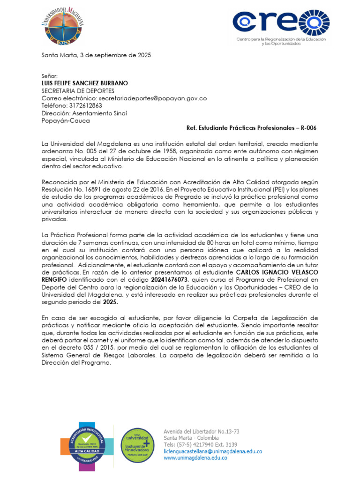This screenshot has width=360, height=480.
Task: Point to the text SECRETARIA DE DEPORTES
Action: pos(78,90)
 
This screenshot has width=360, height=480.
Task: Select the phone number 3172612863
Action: pos(86,105)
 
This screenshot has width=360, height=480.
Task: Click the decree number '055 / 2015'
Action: pos(102,347)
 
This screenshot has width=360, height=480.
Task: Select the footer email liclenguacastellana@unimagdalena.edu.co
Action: pos(212,451)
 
